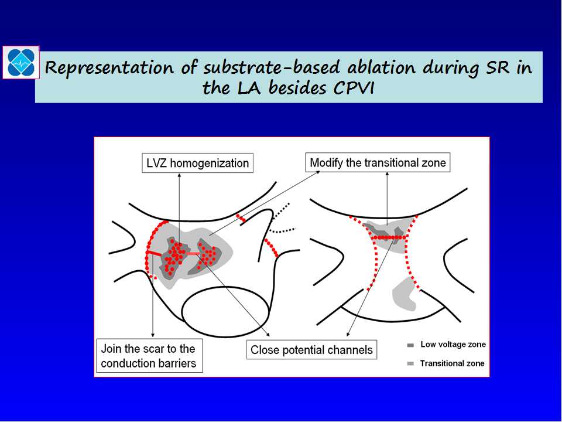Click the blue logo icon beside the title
coord(21,63)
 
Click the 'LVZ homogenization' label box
coord(197,164)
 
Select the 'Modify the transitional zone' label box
coord(378,162)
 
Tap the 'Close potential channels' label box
coord(311,349)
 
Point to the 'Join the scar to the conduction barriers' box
coord(149,356)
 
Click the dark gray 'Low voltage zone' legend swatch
coord(411,345)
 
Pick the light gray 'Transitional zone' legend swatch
coord(411,364)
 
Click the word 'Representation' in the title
coord(109,68)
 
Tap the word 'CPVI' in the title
coord(354,88)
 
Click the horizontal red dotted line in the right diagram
coord(389,237)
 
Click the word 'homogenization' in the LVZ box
coord(210,164)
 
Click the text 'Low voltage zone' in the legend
coord(453,345)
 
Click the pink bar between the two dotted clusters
coord(193,254)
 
